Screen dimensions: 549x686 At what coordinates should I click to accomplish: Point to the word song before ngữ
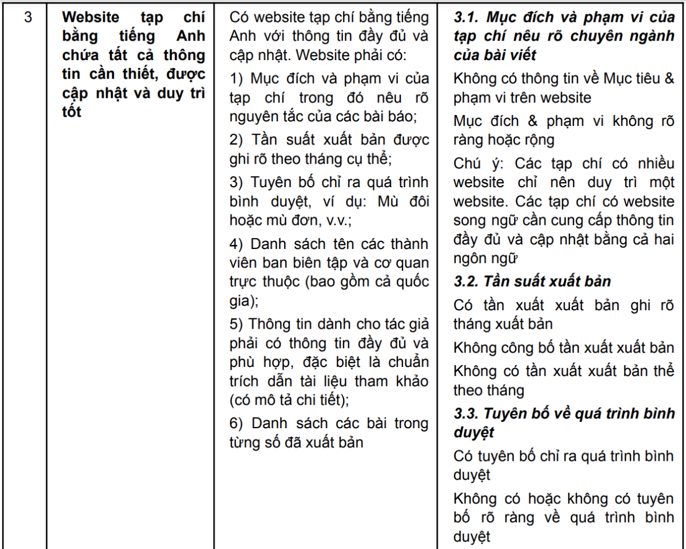469,220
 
